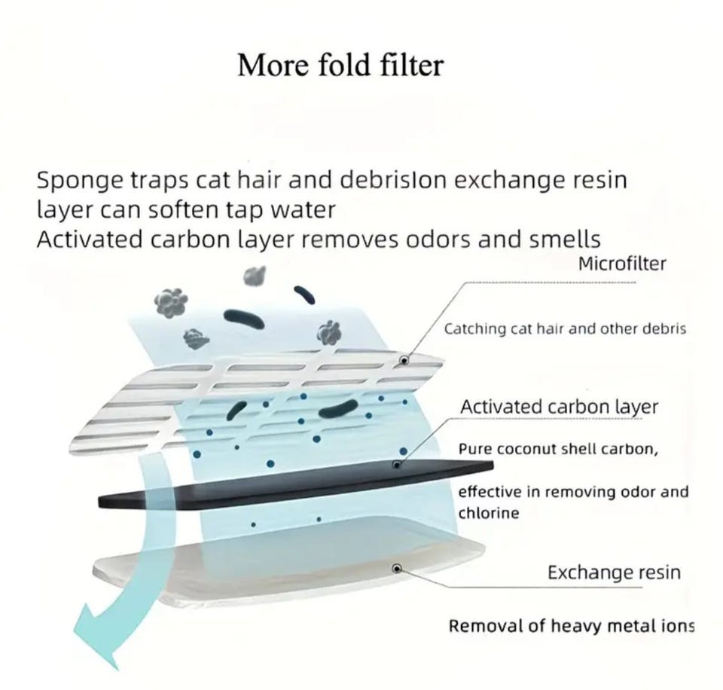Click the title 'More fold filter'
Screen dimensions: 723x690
point(340,65)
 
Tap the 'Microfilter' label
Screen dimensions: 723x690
point(622,264)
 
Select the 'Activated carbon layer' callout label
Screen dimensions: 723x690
point(559,408)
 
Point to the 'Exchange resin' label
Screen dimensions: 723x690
point(615,572)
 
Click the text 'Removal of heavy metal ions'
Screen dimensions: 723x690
point(572,627)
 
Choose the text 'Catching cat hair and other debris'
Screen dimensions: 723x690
point(565,329)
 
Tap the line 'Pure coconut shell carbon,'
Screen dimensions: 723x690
point(558,449)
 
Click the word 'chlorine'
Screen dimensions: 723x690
point(489,513)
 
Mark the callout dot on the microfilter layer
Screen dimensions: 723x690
point(404,360)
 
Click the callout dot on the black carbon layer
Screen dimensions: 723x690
point(397,465)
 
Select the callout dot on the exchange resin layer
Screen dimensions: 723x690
point(397,568)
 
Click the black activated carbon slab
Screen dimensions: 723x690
point(295,484)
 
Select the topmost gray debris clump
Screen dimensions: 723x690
point(255,276)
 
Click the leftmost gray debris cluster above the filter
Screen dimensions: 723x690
point(171,303)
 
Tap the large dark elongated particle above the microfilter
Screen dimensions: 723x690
point(244,318)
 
